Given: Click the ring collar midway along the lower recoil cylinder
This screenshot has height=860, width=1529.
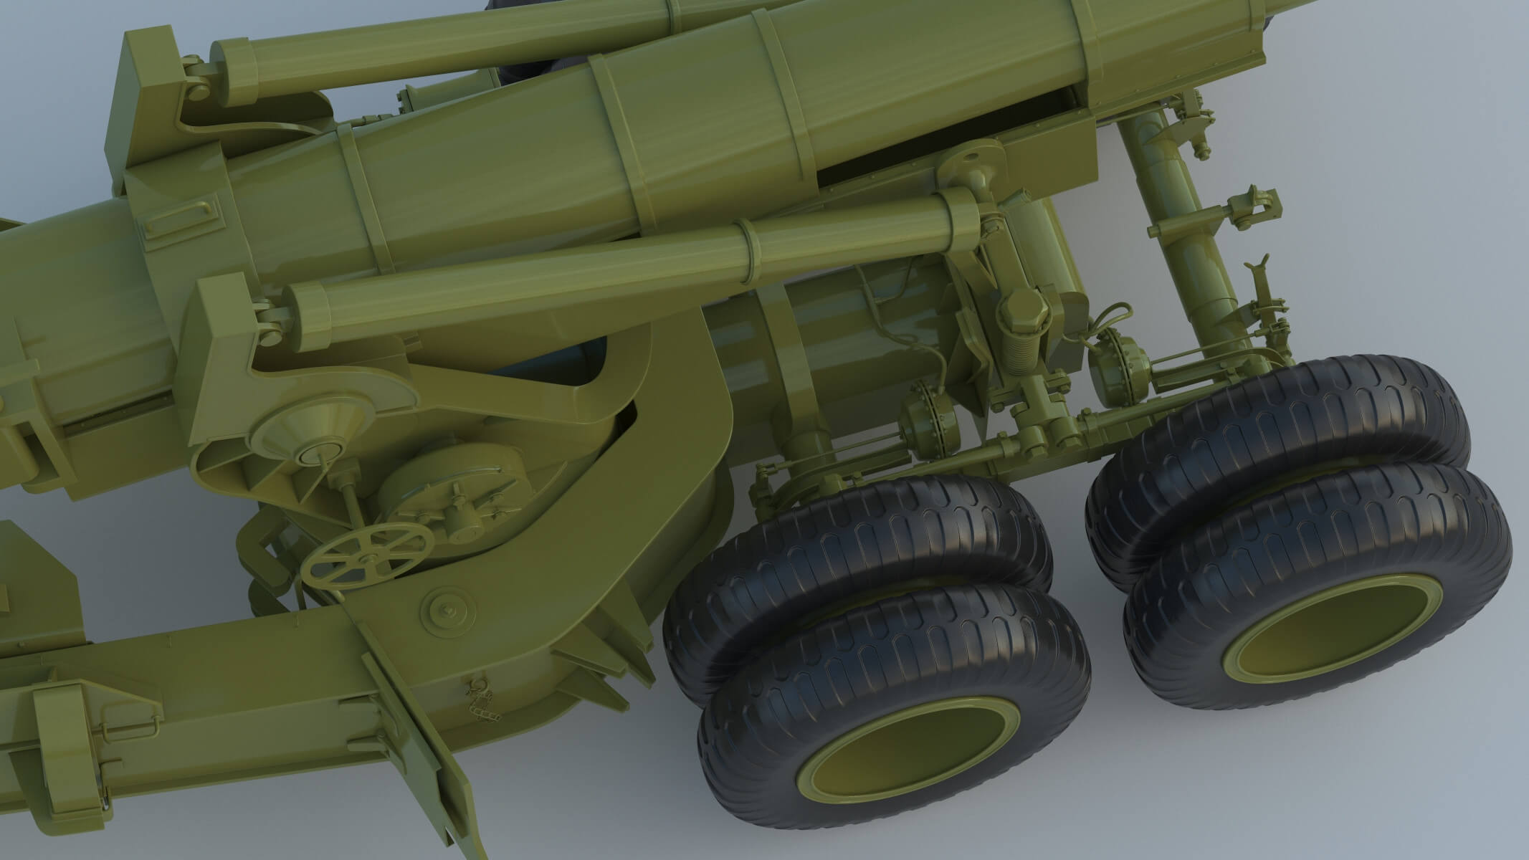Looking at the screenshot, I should pos(750,252).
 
